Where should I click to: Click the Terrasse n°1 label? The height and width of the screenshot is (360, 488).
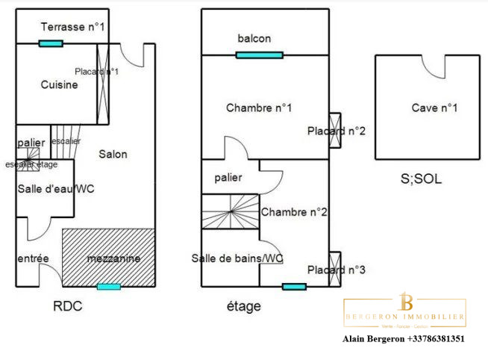(x=72, y=27)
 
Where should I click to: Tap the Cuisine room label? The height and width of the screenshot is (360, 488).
(x=59, y=85)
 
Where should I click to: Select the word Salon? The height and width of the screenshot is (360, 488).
(x=113, y=155)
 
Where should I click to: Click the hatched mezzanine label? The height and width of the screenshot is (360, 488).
(x=113, y=258)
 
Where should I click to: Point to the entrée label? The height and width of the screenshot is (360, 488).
(x=33, y=258)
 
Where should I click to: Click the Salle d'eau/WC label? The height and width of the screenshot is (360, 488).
(x=46, y=189)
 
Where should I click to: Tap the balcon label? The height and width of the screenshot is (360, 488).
(x=254, y=39)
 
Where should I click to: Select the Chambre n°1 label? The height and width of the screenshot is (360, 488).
(x=258, y=108)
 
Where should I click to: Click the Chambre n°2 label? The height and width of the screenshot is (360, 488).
(x=294, y=212)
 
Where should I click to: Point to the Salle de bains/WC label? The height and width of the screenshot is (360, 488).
(x=237, y=258)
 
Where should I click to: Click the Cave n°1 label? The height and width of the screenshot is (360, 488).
(x=434, y=108)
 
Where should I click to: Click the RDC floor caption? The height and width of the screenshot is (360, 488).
(x=67, y=306)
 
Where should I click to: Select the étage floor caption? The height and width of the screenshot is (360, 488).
(x=243, y=306)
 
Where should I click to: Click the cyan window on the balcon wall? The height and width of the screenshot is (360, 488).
(x=259, y=55)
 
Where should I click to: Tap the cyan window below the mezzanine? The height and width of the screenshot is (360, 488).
(x=109, y=286)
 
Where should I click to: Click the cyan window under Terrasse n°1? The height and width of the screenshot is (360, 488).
(x=51, y=43)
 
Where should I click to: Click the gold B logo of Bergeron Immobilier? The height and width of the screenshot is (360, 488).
(x=407, y=302)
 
